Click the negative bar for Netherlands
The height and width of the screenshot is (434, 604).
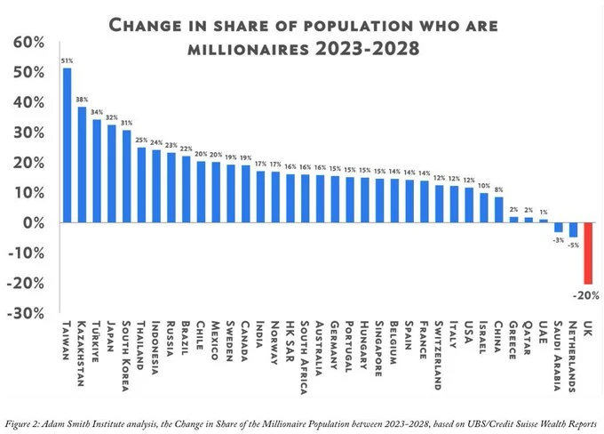click(573, 230)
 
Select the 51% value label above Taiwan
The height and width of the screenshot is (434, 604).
click(68, 60)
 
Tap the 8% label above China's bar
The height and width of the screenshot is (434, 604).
click(498, 189)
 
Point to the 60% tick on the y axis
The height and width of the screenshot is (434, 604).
click(27, 43)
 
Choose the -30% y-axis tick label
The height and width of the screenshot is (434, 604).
click(25, 313)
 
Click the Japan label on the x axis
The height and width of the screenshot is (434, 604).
click(112, 336)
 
